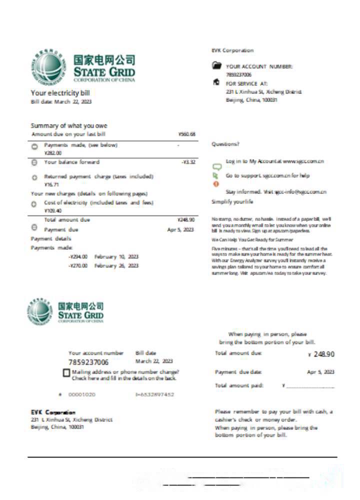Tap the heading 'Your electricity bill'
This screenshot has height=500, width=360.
pyautogui.click(x=60, y=93)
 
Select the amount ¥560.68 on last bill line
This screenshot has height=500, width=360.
pyautogui.click(x=186, y=134)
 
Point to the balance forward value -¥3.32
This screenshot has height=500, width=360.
pyautogui.click(x=188, y=162)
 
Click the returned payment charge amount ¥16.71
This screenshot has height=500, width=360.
pyautogui.click(x=52, y=184)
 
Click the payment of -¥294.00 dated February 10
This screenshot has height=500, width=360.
pyautogui.click(x=78, y=256)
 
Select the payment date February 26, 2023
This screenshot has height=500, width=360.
pyautogui.click(x=116, y=266)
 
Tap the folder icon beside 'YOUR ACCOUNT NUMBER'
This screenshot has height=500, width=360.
pyautogui.click(x=216, y=65)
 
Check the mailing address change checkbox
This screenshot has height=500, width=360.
pyautogui.click(x=66, y=373)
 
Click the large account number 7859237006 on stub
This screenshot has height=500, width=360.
pyautogui.click(x=88, y=362)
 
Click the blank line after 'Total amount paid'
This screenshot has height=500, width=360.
pyautogui.click(x=310, y=386)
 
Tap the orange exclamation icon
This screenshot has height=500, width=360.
pyautogui.click(x=216, y=184)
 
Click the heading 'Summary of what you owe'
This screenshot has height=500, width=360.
pyautogui.click(x=69, y=125)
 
